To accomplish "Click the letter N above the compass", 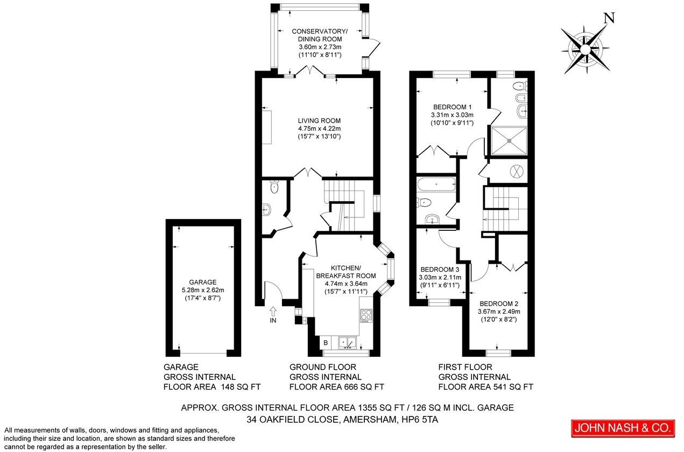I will tap(609, 18).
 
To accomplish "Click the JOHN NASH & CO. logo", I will tap(623, 428).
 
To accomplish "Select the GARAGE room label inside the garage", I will tap(202, 282).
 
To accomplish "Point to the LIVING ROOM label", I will tap(320, 121).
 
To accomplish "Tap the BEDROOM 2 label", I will tap(499, 303).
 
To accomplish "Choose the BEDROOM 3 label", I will tap(440, 270).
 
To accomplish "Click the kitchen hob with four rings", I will tap(366, 315).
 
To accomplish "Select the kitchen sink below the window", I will tap(347, 342).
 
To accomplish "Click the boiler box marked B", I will tap(325, 342).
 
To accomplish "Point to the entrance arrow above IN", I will tap(273, 310).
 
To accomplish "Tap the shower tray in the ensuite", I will tap(509, 140).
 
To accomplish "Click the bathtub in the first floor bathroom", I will tap(436, 185).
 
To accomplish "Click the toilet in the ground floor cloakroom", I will tap(274, 187).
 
